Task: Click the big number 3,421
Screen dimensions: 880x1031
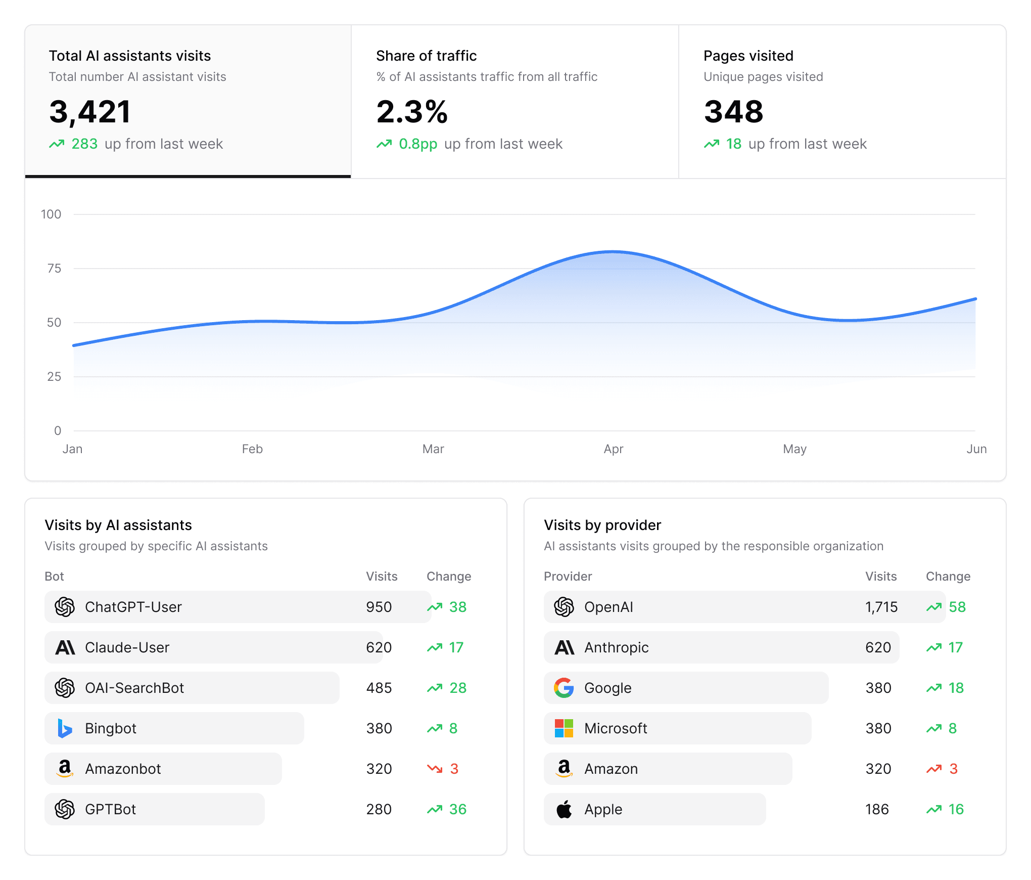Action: (x=90, y=112)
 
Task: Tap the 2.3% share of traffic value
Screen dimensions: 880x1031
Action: (x=412, y=112)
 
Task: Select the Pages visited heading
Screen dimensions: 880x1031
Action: (x=748, y=56)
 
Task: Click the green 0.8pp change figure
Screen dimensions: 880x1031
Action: (x=417, y=144)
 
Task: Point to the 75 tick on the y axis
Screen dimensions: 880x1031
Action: (x=54, y=269)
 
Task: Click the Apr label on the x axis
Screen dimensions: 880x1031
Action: (x=613, y=449)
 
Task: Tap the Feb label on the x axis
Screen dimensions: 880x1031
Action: (x=252, y=449)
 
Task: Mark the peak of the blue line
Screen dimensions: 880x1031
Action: (x=613, y=251)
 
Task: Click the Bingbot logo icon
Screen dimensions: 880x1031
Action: (x=65, y=728)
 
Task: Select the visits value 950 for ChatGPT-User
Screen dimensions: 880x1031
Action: (x=379, y=607)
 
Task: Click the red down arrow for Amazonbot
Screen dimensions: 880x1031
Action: (x=435, y=769)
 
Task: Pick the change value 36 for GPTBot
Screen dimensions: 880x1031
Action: (x=457, y=809)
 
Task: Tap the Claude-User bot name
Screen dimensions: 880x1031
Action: (x=127, y=647)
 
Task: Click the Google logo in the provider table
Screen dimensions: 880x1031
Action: (x=564, y=688)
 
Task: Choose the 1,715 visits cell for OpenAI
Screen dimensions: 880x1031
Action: (x=881, y=607)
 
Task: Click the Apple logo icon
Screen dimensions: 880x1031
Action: (x=564, y=809)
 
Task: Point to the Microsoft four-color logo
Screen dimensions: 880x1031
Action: (x=564, y=728)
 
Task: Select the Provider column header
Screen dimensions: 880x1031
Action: (x=568, y=577)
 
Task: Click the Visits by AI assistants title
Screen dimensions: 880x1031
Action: (x=118, y=525)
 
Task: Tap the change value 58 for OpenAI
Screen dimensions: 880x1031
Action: (x=957, y=607)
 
